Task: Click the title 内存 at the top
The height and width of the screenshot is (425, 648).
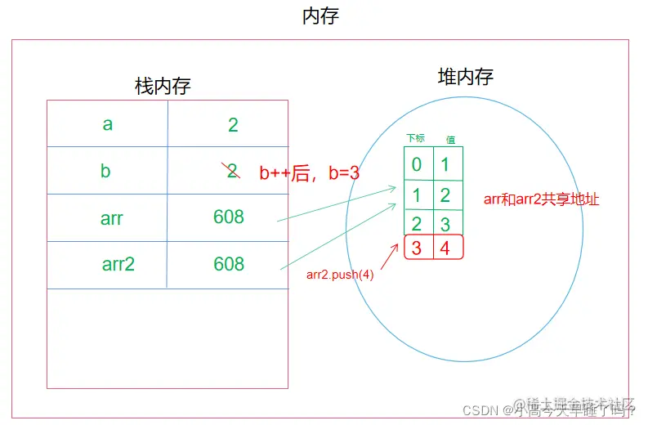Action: [320, 16]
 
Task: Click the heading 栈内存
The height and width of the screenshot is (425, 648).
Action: [163, 87]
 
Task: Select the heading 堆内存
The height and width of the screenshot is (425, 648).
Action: [465, 78]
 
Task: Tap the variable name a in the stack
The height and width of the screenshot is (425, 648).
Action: [107, 124]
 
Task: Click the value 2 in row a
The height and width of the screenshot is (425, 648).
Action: [233, 125]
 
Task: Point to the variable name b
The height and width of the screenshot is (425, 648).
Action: [105, 172]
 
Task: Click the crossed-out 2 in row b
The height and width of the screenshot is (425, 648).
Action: [232, 171]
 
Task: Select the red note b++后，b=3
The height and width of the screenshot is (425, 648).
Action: [309, 173]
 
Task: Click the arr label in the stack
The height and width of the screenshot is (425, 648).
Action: [112, 217]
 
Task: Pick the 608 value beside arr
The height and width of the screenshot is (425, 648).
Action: [229, 217]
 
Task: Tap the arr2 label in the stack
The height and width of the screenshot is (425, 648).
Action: [118, 264]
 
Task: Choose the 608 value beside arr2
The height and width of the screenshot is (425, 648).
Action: [229, 264]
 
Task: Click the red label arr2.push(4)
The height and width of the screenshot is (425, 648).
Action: [340, 275]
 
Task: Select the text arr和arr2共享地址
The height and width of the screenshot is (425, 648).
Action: [541, 199]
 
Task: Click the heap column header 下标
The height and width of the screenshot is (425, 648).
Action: [416, 139]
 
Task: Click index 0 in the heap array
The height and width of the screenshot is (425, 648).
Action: [417, 164]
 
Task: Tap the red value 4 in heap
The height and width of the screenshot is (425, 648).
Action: [445, 248]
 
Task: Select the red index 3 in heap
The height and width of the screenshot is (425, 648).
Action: [417, 248]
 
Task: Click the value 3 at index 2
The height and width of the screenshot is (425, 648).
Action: [445, 222]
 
